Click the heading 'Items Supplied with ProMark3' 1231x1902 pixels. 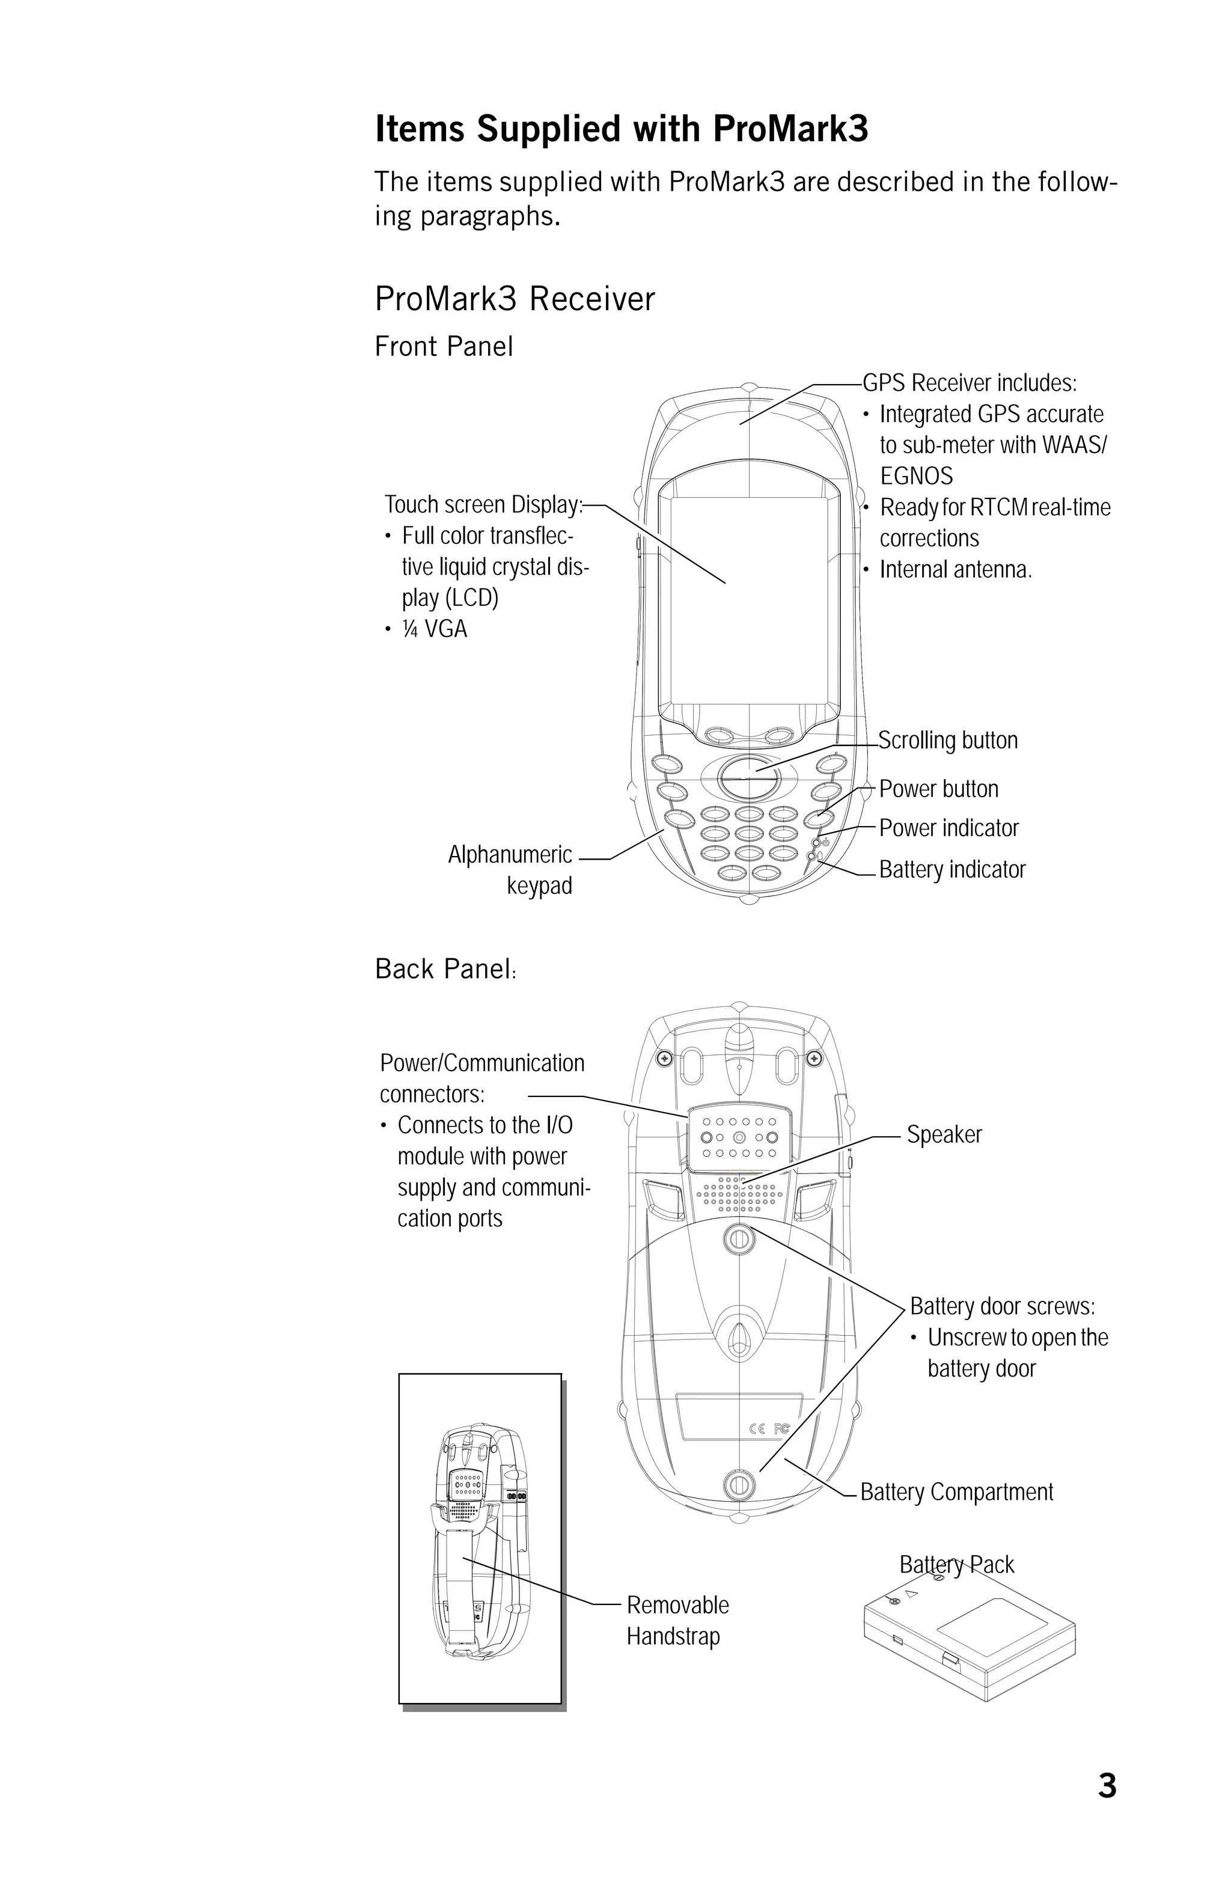click(x=621, y=129)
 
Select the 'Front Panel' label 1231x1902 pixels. click(x=444, y=347)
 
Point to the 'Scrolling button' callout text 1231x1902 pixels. click(x=947, y=741)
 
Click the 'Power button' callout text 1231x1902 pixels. click(x=939, y=789)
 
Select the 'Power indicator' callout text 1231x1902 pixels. click(x=948, y=829)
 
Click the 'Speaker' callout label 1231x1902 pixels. click(x=944, y=1135)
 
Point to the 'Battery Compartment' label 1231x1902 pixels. click(x=956, y=1492)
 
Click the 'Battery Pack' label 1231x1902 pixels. click(x=956, y=1564)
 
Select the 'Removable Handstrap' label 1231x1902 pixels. click(x=677, y=1621)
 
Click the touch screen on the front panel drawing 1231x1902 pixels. click(x=748, y=599)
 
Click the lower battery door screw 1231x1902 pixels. click(x=738, y=1485)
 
